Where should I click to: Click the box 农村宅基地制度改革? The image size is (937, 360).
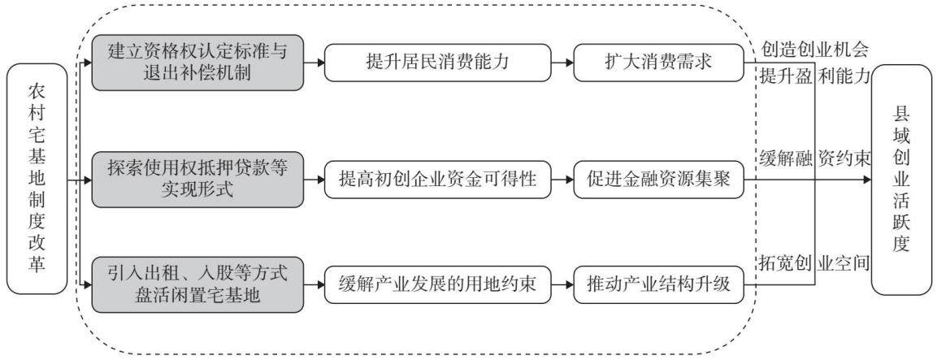(x=37, y=179)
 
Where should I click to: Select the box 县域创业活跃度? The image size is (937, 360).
(x=901, y=179)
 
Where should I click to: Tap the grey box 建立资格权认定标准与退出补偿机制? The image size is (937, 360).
(x=197, y=63)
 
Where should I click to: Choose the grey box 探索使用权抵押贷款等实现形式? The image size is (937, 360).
(x=197, y=180)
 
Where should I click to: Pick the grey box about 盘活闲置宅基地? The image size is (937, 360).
(x=197, y=284)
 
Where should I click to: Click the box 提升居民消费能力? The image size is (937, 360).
(x=436, y=63)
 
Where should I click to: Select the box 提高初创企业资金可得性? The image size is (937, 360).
(x=436, y=179)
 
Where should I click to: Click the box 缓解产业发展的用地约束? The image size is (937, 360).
(x=436, y=284)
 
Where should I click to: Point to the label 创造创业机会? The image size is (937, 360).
(x=815, y=48)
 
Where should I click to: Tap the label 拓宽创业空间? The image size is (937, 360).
(x=815, y=262)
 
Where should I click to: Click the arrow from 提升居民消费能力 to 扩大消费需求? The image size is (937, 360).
(x=561, y=63)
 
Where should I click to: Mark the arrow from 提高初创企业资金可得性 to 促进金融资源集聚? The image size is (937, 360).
(x=561, y=179)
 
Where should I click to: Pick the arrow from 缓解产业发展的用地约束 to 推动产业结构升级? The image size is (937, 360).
(x=561, y=284)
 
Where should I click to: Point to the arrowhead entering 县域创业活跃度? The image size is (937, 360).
(x=866, y=179)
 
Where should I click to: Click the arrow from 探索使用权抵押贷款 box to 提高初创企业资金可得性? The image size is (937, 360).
(x=314, y=179)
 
